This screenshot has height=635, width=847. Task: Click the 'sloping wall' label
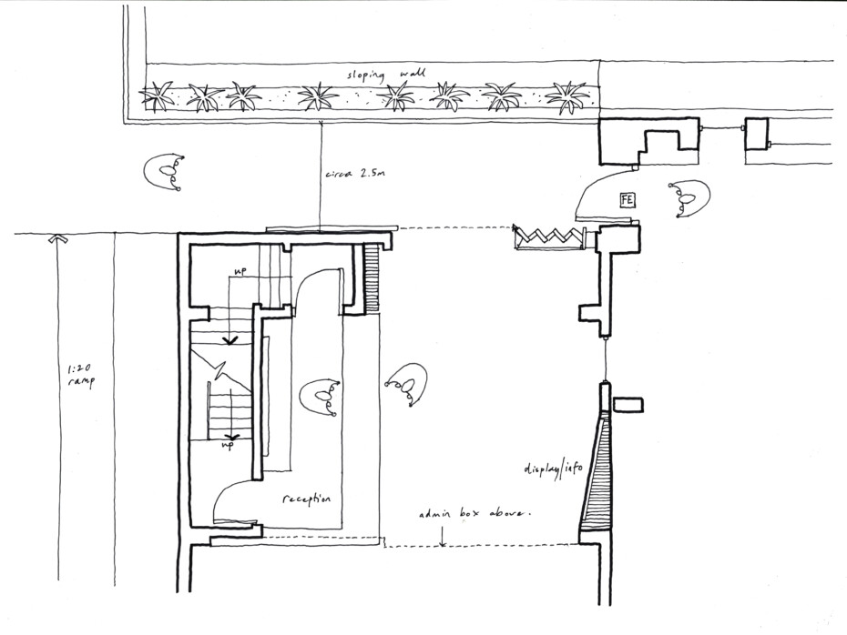[x=385, y=75]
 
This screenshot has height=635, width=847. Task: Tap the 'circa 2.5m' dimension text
[x=355, y=175]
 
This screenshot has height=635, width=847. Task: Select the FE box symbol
[x=628, y=201]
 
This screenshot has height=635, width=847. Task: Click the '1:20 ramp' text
[x=80, y=376]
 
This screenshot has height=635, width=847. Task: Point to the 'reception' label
[x=307, y=499]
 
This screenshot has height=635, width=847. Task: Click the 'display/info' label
[x=553, y=469]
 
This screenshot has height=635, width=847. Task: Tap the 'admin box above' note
[x=475, y=514]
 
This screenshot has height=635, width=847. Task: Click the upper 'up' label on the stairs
[x=240, y=271]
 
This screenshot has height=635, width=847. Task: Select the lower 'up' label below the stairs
[x=227, y=445]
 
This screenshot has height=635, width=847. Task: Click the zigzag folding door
[x=549, y=237]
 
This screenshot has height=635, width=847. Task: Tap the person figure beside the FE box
[x=689, y=198]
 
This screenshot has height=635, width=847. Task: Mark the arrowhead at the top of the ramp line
[x=57, y=238]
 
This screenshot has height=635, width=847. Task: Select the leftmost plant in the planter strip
[x=157, y=96]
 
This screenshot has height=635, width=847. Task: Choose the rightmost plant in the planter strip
[x=567, y=96]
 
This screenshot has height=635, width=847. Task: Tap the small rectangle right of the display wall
[x=628, y=405]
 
